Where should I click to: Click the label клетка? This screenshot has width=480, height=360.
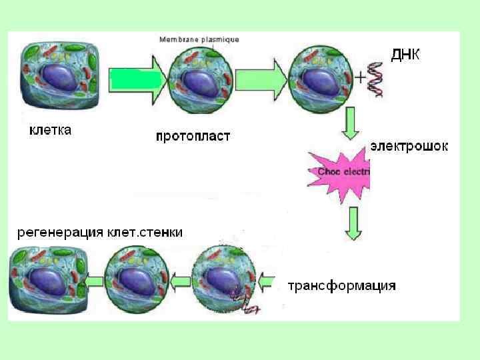tap(50, 129)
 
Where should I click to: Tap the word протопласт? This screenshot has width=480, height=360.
tap(193, 137)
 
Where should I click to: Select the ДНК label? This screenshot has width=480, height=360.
tap(405, 55)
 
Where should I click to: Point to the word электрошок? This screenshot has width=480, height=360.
tap(409, 146)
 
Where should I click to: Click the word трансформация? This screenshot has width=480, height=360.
tap(341, 286)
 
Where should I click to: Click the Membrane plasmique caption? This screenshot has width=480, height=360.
tap(199, 40)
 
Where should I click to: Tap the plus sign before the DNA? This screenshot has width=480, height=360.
tap(361, 77)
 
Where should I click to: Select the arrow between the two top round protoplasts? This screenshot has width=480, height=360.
tap(260, 79)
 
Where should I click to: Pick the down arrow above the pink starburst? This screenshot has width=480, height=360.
tap(352, 125)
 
